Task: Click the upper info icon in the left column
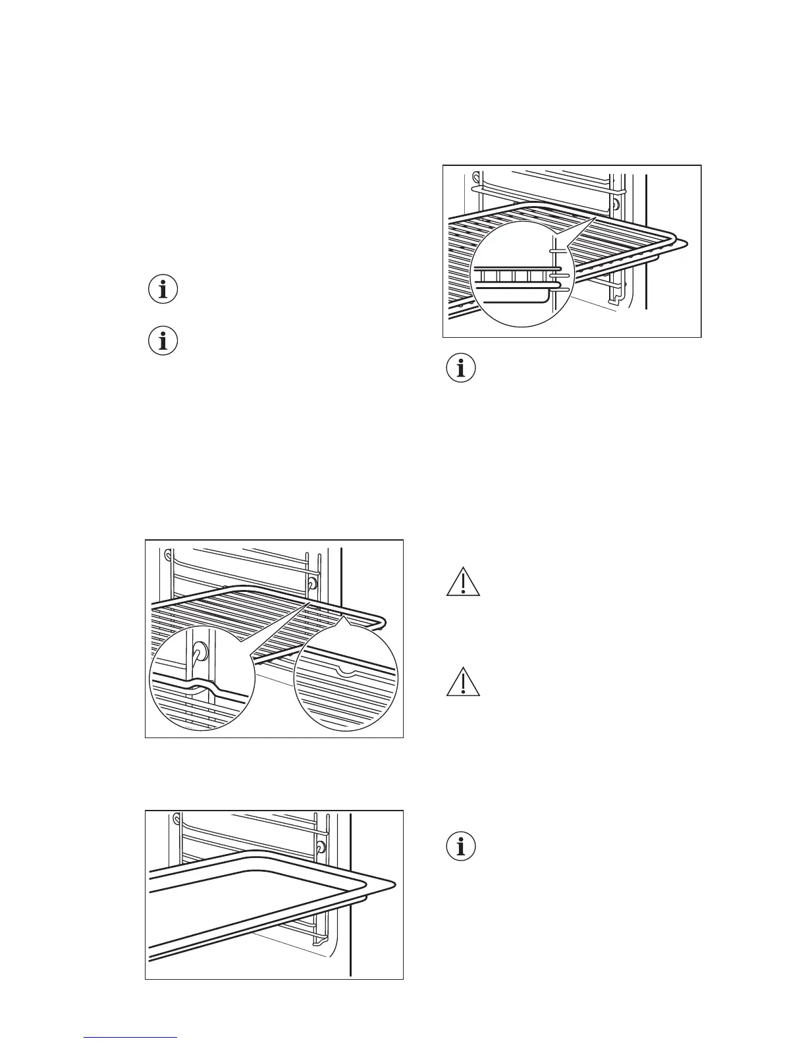(163, 290)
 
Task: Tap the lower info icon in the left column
(163, 342)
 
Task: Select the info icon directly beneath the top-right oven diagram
(462, 369)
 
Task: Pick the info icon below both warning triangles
(462, 846)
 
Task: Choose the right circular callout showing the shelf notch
(346, 679)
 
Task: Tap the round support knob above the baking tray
(320, 847)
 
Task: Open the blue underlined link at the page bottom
(130, 1038)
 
